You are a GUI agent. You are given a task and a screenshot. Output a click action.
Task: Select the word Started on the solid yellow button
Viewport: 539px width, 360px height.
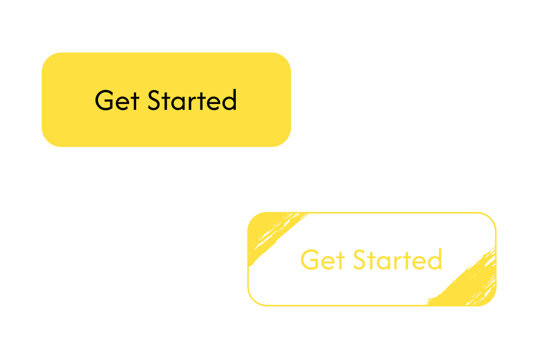[x=192, y=101]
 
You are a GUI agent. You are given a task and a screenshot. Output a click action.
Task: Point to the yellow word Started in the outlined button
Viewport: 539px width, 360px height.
[x=397, y=260]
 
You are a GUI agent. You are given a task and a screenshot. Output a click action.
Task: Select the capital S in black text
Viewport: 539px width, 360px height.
[x=154, y=101]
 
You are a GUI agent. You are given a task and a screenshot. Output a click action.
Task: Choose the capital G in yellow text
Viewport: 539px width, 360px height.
[x=310, y=260]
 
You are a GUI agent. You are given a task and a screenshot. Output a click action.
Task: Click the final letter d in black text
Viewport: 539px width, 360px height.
[x=229, y=100]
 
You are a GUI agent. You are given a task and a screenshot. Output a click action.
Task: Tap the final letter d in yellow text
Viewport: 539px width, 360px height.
[x=435, y=260]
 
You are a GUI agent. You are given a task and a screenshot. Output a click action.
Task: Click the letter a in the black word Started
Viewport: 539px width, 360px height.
[x=177, y=102]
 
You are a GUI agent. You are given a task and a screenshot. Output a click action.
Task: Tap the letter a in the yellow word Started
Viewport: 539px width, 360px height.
[x=383, y=262]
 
